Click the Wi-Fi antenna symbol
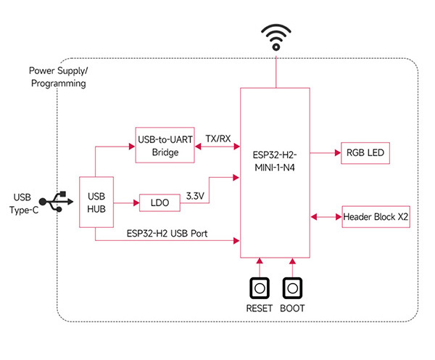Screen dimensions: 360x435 click(275, 37)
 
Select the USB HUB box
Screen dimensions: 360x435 click(96, 202)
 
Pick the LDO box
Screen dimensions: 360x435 click(160, 203)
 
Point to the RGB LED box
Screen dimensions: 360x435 click(364, 153)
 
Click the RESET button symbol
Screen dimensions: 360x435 click(259, 290)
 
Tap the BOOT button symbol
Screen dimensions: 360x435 click(292, 290)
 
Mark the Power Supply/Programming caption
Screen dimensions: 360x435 click(57, 77)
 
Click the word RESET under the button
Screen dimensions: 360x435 click(259, 308)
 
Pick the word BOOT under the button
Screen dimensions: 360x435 click(292, 308)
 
